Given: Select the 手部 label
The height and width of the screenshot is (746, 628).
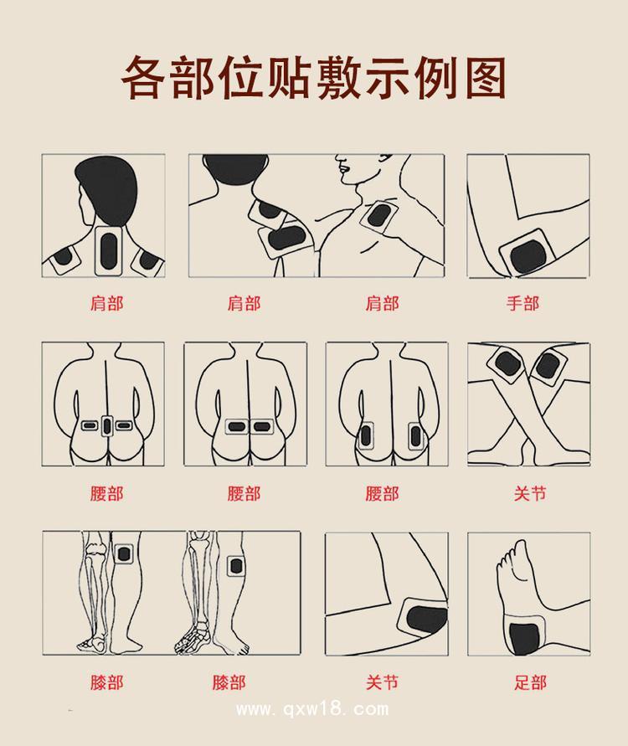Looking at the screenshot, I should (522, 303).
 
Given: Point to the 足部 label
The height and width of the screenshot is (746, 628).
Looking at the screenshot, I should (530, 682).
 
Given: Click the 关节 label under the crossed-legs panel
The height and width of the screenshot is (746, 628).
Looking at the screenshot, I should (530, 493).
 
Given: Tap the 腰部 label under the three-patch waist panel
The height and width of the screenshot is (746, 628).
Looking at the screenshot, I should (106, 493).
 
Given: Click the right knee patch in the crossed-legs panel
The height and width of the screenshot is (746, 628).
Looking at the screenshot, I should (547, 366).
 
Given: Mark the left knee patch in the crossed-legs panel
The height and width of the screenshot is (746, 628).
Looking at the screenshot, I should (508, 364).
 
